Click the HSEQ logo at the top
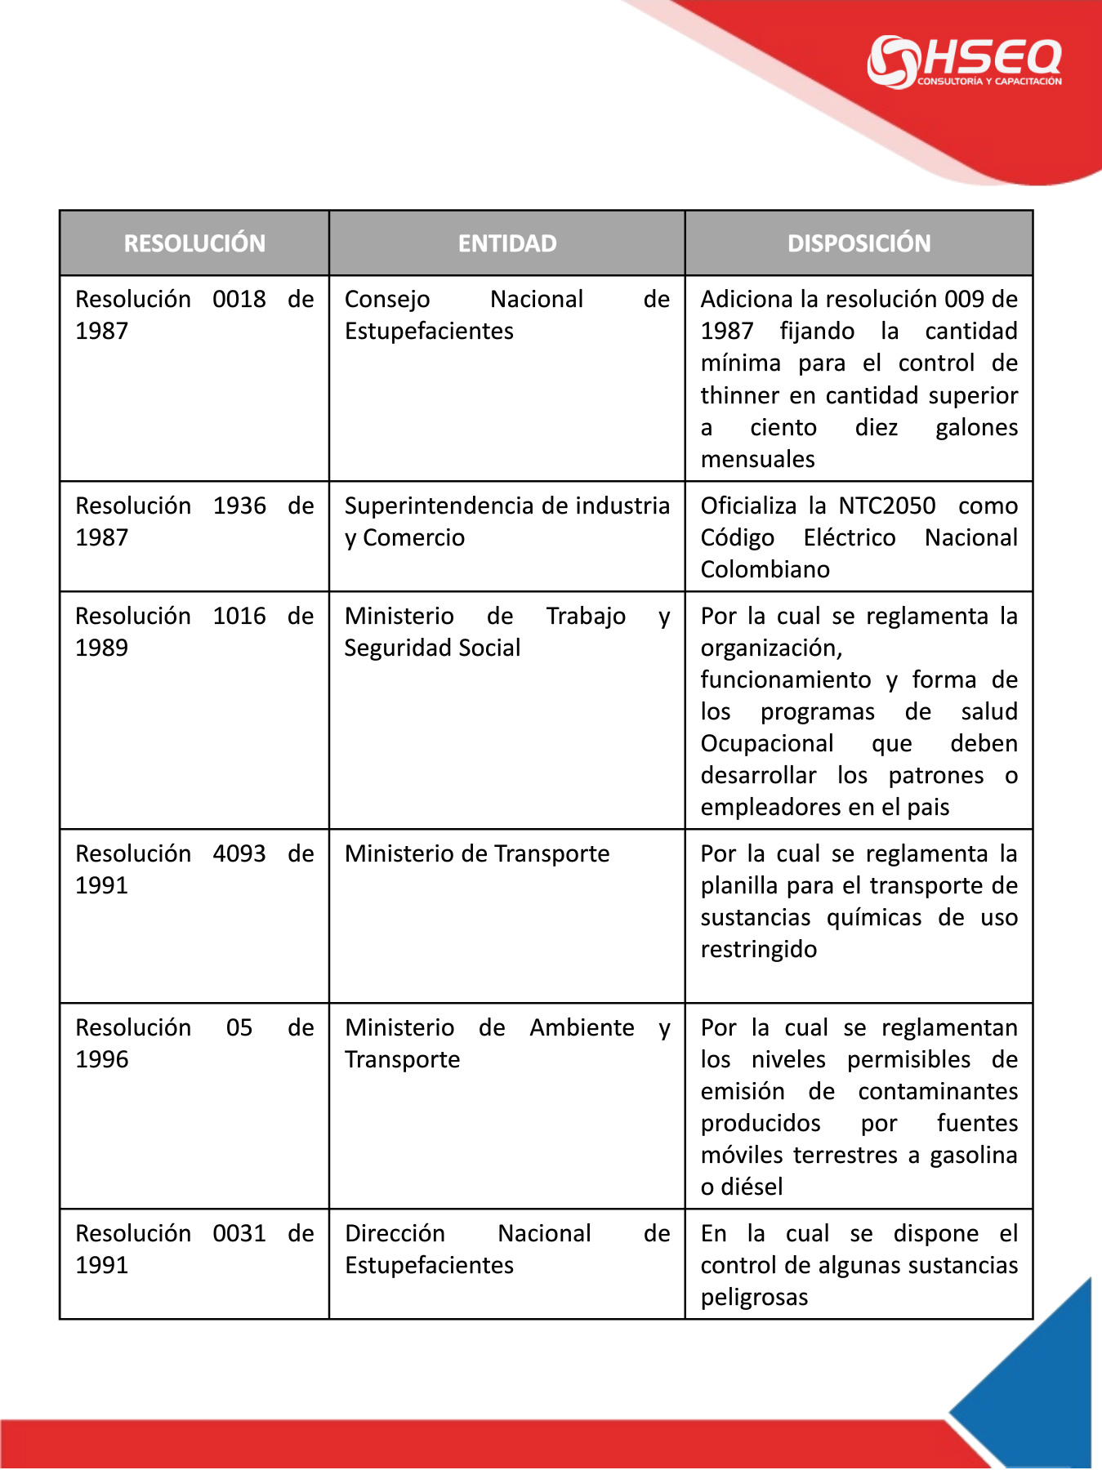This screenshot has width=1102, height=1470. (x=964, y=61)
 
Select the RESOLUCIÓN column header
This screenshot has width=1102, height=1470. (x=194, y=243)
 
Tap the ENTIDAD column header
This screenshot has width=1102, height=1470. (x=506, y=243)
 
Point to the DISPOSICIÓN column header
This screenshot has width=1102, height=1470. (x=859, y=243)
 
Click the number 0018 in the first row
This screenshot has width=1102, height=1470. (x=239, y=300)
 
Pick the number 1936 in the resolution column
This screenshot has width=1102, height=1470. (x=239, y=506)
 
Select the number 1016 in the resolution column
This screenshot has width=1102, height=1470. (x=239, y=617)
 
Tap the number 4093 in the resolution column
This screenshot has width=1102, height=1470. (x=239, y=854)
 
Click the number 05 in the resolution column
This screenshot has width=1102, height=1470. (x=239, y=1028)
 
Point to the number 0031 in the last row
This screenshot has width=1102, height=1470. (x=239, y=1234)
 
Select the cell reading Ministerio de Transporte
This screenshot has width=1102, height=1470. (x=477, y=854)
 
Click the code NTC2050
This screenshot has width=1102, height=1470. (x=886, y=506)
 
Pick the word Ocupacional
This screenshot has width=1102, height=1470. (x=767, y=744)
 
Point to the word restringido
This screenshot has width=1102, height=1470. (x=758, y=950)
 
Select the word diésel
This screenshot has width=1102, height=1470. (x=752, y=1187)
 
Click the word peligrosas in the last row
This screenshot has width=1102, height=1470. (x=754, y=1298)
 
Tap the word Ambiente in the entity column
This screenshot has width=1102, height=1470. (x=582, y=1028)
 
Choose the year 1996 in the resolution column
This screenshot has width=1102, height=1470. (x=102, y=1060)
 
